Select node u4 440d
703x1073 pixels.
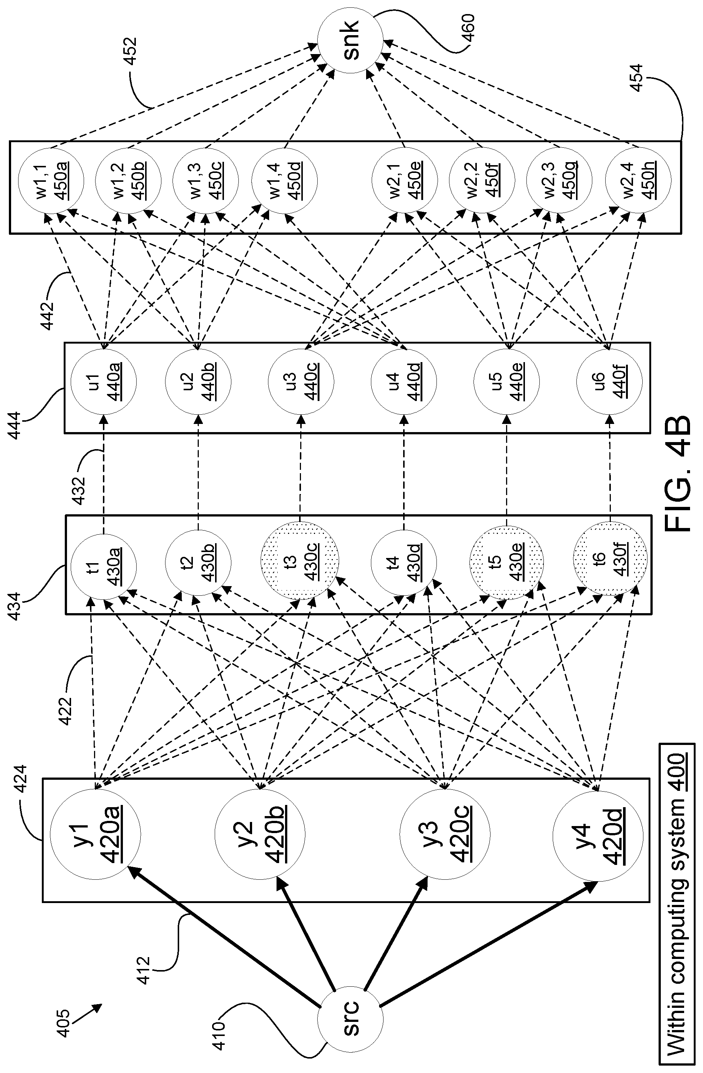click(x=404, y=381)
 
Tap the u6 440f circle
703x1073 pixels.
click(x=609, y=381)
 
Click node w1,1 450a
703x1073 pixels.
click(x=50, y=180)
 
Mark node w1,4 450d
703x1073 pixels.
click(x=285, y=180)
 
